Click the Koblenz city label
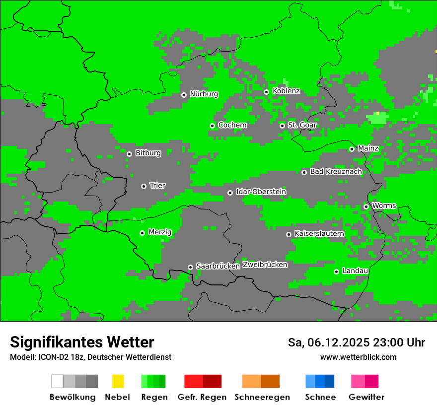(x=286, y=91)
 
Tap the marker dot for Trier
(x=144, y=186)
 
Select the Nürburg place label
(x=204, y=94)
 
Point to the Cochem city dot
(x=212, y=126)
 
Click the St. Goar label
(x=302, y=125)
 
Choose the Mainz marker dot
(x=352, y=149)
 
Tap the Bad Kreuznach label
(x=336, y=172)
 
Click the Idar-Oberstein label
(x=261, y=192)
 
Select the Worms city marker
(x=366, y=206)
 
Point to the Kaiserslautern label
(x=319, y=233)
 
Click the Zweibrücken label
(x=265, y=265)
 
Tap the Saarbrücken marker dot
(x=190, y=267)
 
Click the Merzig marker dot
(x=142, y=233)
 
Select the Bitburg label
(x=148, y=153)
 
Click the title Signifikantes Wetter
(x=82, y=342)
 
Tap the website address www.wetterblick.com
(x=358, y=357)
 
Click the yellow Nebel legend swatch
(x=118, y=381)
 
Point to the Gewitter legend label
(x=366, y=397)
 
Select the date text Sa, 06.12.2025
(x=328, y=343)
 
